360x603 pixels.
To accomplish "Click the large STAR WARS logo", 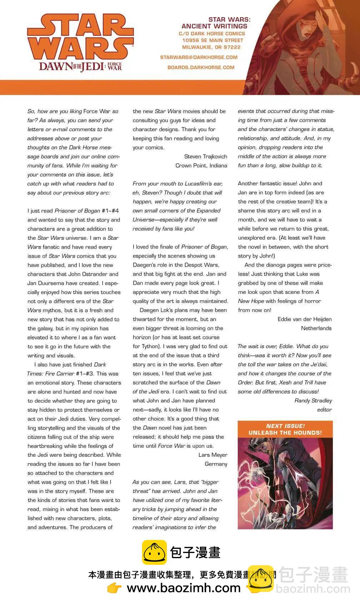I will pyautogui.click(x=80, y=37).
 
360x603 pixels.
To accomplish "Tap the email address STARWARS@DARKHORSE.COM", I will pyautogui.click(x=199, y=57).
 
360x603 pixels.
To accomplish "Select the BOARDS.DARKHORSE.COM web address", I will pyautogui.click(x=201, y=67).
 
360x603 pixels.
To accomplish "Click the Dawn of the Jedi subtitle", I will pyautogui.click(x=80, y=66).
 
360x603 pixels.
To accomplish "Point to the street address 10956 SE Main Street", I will pyautogui.click(x=212, y=40).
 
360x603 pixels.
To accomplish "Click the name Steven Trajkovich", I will pyautogui.click(x=205, y=156).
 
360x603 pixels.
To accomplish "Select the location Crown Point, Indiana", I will pyautogui.click(x=201, y=165).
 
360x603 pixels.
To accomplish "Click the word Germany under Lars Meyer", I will pyautogui.click(x=216, y=464).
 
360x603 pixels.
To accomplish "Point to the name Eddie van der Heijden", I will pyautogui.click(x=304, y=319).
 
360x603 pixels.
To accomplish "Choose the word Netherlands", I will pyautogui.click(x=316, y=328).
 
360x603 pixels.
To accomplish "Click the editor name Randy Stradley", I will pyautogui.click(x=313, y=401).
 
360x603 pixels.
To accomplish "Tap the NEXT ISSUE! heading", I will pyautogui.click(x=285, y=426).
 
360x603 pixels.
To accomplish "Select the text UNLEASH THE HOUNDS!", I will pyautogui.click(x=285, y=433).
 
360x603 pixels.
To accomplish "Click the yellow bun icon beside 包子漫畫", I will pyautogui.click(x=154, y=552).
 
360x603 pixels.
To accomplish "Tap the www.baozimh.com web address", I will pyautogui.click(x=184, y=588).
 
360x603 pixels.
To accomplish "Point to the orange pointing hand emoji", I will pyautogui.click(x=114, y=588).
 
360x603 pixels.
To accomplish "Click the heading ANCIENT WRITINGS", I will pyautogui.click(x=214, y=26).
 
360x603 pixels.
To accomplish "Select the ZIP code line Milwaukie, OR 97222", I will pyautogui.click(x=211, y=47).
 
